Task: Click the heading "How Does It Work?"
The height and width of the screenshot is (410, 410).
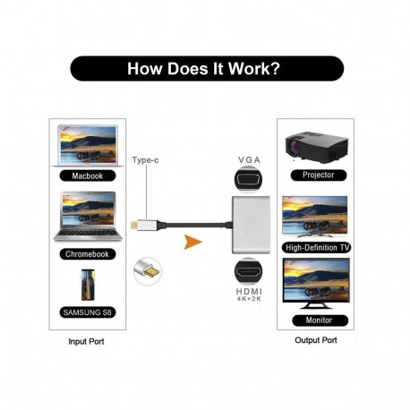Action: pyautogui.click(x=205, y=69)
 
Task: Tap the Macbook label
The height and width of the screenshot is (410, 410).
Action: pyautogui.click(x=87, y=176)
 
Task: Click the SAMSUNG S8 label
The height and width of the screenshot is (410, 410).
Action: pyautogui.click(x=87, y=312)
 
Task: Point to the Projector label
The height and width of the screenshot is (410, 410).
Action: pyautogui.click(x=317, y=175)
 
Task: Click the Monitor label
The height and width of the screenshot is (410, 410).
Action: pyautogui.click(x=317, y=320)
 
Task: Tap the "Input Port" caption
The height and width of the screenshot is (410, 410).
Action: pyautogui.click(x=88, y=342)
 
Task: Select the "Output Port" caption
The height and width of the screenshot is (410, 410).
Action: pyautogui.click(x=316, y=340)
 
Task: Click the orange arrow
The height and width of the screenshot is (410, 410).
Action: pyautogui.click(x=190, y=241)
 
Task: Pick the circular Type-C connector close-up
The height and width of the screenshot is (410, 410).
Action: pyautogui.click(x=148, y=270)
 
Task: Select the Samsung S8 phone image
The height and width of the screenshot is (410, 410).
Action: pyautogui.click(x=87, y=286)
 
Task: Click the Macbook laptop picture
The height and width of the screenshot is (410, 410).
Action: pyautogui.click(x=87, y=146)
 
